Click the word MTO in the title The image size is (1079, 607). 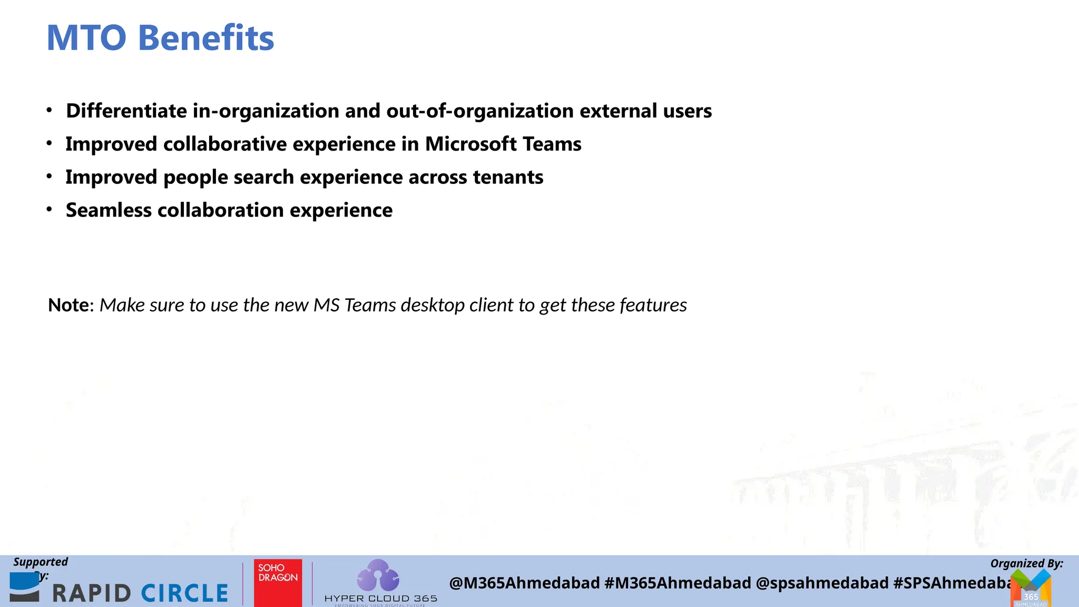coord(86,38)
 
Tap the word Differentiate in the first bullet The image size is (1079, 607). coord(126,111)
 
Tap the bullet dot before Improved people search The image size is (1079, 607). coord(49,177)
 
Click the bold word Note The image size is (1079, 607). coord(68,305)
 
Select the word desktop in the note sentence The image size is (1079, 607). coord(433,305)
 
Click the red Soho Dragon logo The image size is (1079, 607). coord(278,582)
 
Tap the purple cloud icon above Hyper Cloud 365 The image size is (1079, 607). coord(378,575)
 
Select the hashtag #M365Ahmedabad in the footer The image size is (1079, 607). coord(678,583)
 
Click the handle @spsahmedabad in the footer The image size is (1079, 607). coord(822,583)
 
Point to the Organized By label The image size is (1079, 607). coord(1026,563)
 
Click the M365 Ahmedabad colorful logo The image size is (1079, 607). coord(1031,590)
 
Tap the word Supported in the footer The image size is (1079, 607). coord(41,562)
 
